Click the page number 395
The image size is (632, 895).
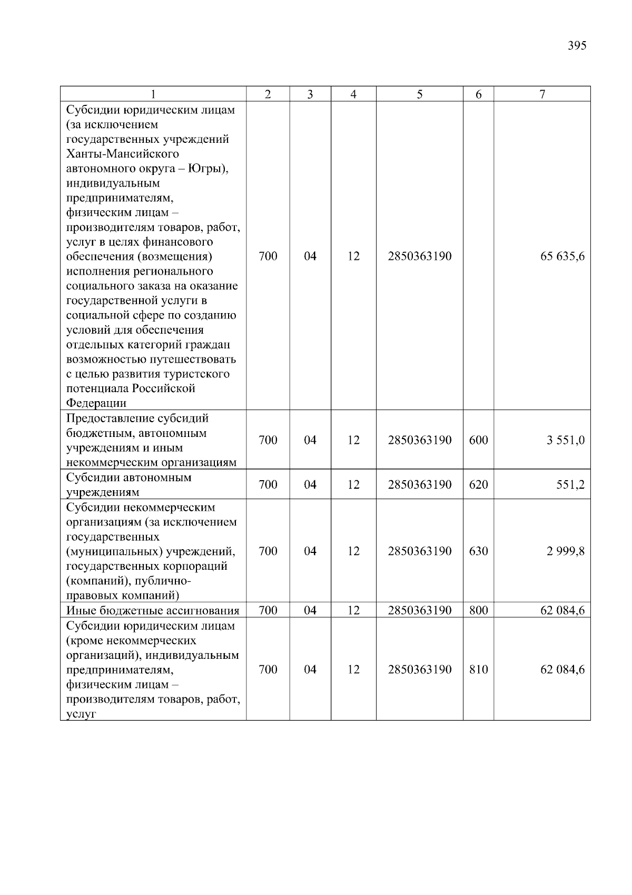point(577,46)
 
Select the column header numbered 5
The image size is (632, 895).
point(419,94)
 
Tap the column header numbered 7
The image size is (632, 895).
point(542,94)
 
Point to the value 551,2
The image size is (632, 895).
point(570,484)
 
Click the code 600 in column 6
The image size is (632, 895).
point(478,440)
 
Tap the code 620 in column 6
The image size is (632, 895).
point(478,484)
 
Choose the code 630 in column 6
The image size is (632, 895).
point(478,551)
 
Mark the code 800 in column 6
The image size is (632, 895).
point(478,611)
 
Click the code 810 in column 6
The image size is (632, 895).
point(478,669)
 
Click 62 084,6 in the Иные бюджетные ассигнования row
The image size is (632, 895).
point(562,611)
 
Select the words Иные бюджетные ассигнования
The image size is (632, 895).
point(153,611)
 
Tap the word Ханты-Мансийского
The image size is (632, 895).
point(123,154)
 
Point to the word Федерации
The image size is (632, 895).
point(96,403)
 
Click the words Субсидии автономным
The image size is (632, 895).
point(129,478)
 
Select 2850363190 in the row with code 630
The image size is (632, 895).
point(419,551)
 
